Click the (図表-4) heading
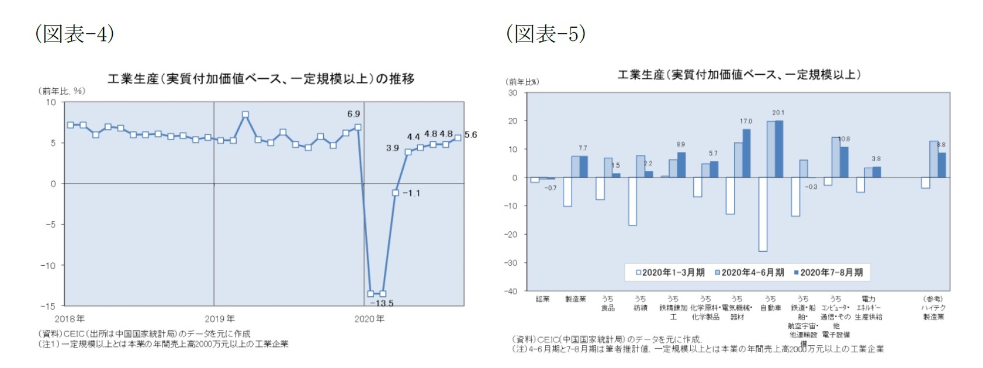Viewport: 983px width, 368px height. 75,33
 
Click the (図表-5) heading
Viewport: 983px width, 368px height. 546,33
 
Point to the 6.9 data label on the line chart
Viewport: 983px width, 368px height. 354,114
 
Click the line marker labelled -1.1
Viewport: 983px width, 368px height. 396,193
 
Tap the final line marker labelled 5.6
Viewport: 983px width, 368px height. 458,138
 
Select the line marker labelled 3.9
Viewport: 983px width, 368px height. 408,152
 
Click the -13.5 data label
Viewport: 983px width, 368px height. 382,303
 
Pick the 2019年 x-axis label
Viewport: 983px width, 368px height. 220,319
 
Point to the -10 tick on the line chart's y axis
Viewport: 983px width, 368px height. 48,265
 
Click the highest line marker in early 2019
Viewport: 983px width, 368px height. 245,114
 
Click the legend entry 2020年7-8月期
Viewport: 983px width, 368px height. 828,272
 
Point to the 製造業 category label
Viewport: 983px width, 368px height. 575,299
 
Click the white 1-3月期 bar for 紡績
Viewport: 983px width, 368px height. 632,201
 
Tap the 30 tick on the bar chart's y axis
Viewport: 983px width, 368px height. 513,93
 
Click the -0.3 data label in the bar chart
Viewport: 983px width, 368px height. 811,187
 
